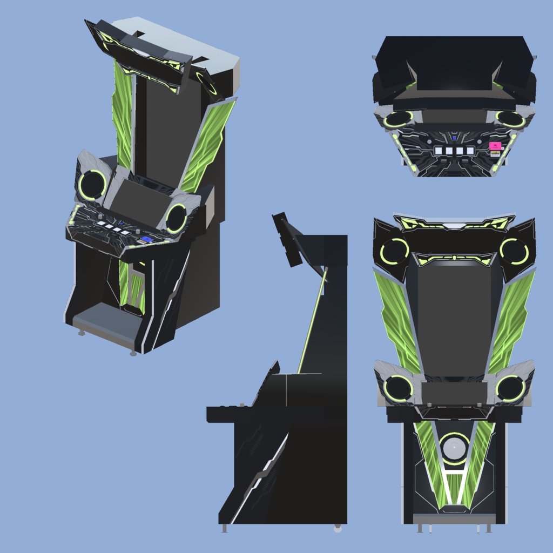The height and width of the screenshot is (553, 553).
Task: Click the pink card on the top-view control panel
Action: pos(494,146)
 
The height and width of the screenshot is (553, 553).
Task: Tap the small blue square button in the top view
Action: pos(455,138)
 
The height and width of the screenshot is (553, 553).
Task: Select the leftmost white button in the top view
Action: pos(439,151)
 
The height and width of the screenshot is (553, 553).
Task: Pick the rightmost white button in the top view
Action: pos(470,151)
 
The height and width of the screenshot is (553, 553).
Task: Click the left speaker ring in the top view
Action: pos(399,119)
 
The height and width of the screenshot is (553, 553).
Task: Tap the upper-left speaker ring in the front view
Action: pos(395,251)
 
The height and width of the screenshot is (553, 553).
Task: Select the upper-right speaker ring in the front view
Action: pos(514,251)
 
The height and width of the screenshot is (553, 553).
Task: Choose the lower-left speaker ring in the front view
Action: pos(399,388)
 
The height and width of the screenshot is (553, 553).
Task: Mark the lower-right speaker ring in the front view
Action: pos(510,388)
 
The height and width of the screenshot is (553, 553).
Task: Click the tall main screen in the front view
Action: pos(454,319)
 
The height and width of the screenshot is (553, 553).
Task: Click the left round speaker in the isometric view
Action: pos(92,185)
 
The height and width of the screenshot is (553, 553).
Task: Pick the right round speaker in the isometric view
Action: pos(176,218)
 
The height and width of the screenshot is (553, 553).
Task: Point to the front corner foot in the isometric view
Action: pos(133,353)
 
